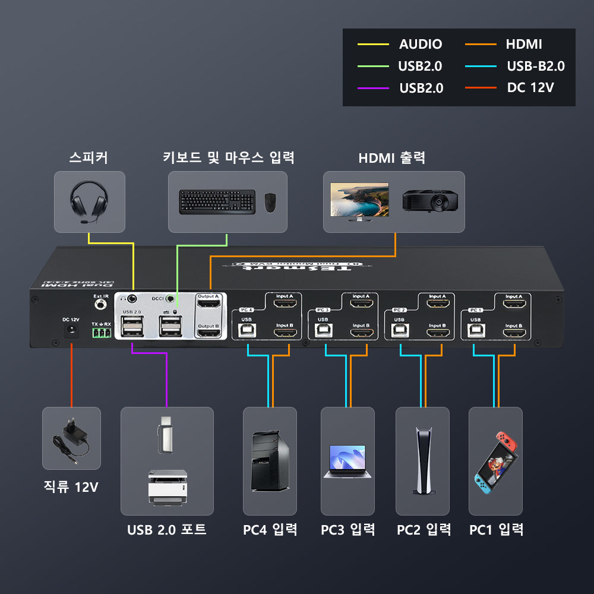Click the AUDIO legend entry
coord(420,44)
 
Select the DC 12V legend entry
coord(530,88)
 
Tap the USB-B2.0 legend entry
coord(535,66)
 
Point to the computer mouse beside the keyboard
coord(270,203)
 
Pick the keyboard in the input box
coord(217,202)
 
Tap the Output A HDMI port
coord(209,305)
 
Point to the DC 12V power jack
coord(71,331)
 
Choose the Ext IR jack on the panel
coord(101,305)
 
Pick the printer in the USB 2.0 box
coord(168,487)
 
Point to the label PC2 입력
coord(424,529)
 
